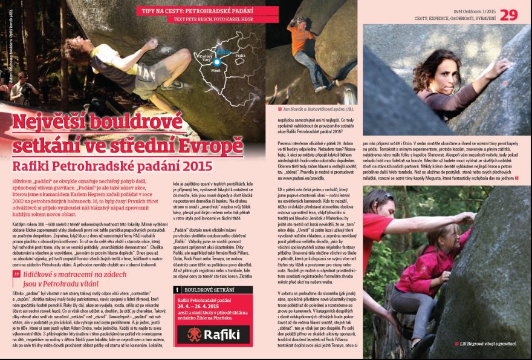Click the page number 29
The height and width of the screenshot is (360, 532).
coord(508,14)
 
